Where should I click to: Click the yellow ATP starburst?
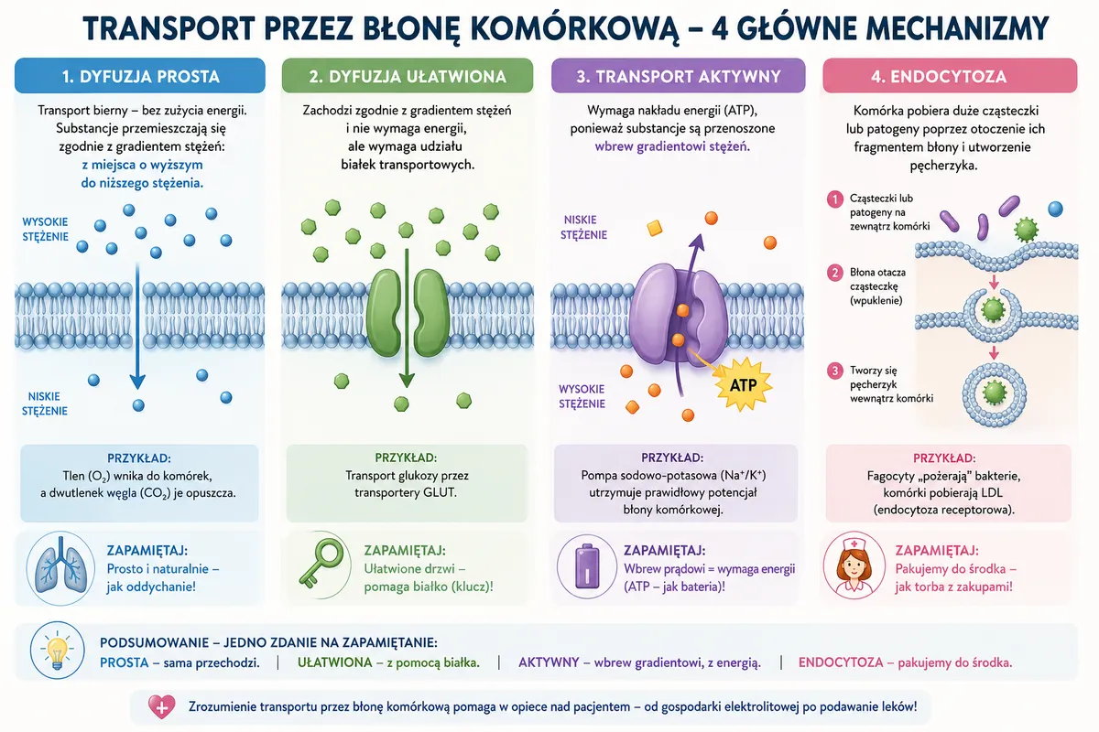pyautogui.click(x=743, y=384)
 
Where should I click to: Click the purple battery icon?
pyautogui.click(x=587, y=565)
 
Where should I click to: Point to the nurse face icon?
pyautogui.click(x=854, y=565)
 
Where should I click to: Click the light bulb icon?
pyautogui.click(x=58, y=651)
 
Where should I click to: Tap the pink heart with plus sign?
pyautogui.click(x=161, y=706)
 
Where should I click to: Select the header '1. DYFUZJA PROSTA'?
pyautogui.click(x=140, y=77)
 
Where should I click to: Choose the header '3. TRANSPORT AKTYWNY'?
pyautogui.click(x=678, y=77)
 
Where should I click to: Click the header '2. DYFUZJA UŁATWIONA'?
pyautogui.click(x=408, y=77)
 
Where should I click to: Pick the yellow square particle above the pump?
pyautogui.click(x=655, y=228)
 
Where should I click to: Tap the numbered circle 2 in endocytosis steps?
pyautogui.click(x=834, y=273)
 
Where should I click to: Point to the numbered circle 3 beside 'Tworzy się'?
pyautogui.click(x=834, y=371)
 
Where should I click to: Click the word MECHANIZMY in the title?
pyautogui.click(x=957, y=28)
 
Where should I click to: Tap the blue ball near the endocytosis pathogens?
pyautogui.click(x=1055, y=209)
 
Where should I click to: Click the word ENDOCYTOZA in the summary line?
pyautogui.click(x=841, y=662)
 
